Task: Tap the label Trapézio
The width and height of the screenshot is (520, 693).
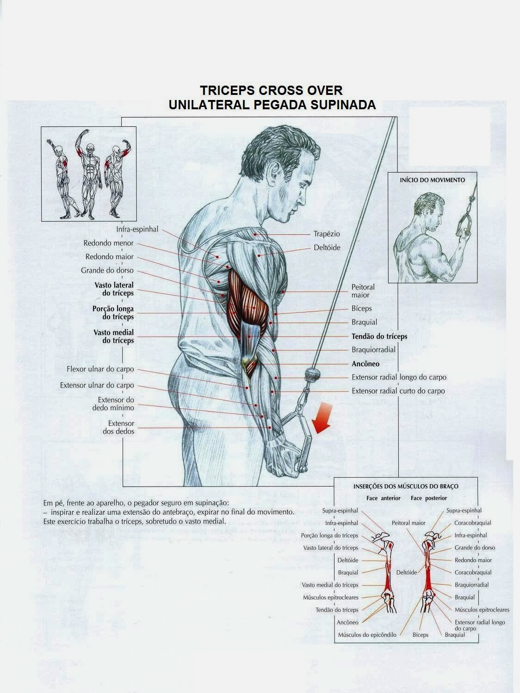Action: tap(327, 234)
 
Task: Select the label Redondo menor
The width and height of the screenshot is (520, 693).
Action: tap(108, 243)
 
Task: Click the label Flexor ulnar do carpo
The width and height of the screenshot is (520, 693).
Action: tap(100, 369)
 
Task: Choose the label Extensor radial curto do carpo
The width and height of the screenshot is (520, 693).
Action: tap(398, 391)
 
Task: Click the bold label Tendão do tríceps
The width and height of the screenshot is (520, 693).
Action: tap(379, 337)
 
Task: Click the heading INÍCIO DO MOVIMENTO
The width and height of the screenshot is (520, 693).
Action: tap(432, 180)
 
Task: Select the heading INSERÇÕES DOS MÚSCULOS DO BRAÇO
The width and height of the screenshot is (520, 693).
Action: tap(406, 487)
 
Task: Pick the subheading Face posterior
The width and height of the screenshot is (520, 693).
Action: tap(429, 498)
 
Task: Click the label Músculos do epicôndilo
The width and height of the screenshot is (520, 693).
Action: tap(367, 635)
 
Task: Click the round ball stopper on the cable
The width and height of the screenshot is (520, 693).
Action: tap(311, 373)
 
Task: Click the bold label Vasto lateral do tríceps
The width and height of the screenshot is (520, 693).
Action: tap(114, 289)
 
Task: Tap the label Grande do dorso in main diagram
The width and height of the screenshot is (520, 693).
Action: tap(107, 270)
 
